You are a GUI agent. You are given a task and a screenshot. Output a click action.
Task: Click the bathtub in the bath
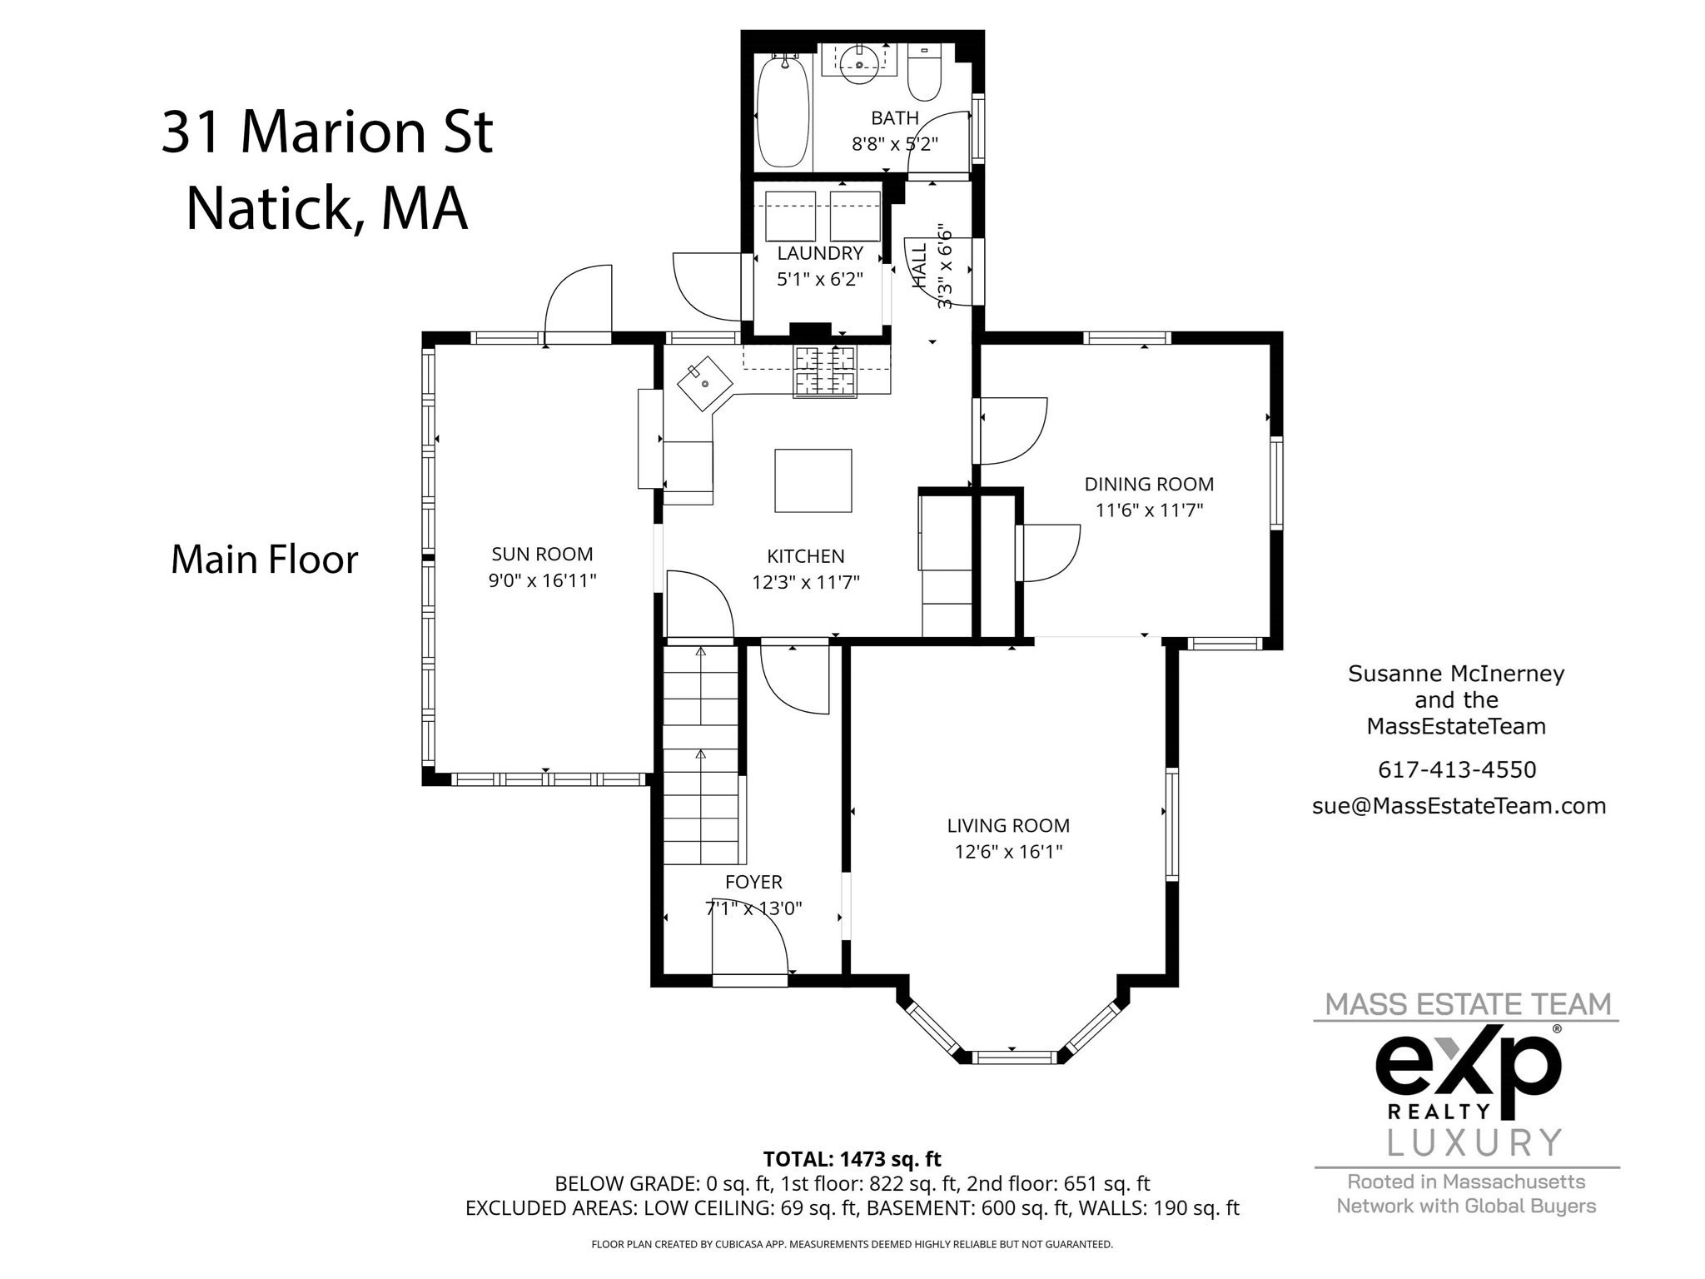[782, 112]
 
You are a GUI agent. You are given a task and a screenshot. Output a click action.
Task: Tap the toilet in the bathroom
[923, 75]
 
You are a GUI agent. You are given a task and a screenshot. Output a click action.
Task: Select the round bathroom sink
[859, 62]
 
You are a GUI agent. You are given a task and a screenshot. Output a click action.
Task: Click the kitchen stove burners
[825, 371]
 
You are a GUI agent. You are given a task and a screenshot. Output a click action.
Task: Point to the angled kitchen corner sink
[704, 384]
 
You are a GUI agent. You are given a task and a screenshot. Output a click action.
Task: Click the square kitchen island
[813, 480]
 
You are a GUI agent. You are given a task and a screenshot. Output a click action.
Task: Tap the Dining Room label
[1149, 484]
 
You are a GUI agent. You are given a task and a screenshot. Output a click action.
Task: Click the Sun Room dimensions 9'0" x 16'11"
[542, 580]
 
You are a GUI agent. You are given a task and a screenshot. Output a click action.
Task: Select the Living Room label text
[1008, 825]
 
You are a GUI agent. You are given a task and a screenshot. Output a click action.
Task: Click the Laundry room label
[820, 253]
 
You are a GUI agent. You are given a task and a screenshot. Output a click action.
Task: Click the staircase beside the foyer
[701, 758]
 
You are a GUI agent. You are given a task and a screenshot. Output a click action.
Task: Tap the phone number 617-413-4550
[1457, 769]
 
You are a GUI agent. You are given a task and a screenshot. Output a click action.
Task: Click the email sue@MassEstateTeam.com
[1459, 806]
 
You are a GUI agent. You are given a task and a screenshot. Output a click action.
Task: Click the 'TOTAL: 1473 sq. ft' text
[852, 1158]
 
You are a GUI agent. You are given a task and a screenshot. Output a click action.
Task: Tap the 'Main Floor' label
[264, 560]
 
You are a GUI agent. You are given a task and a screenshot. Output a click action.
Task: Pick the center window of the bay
[1012, 1058]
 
